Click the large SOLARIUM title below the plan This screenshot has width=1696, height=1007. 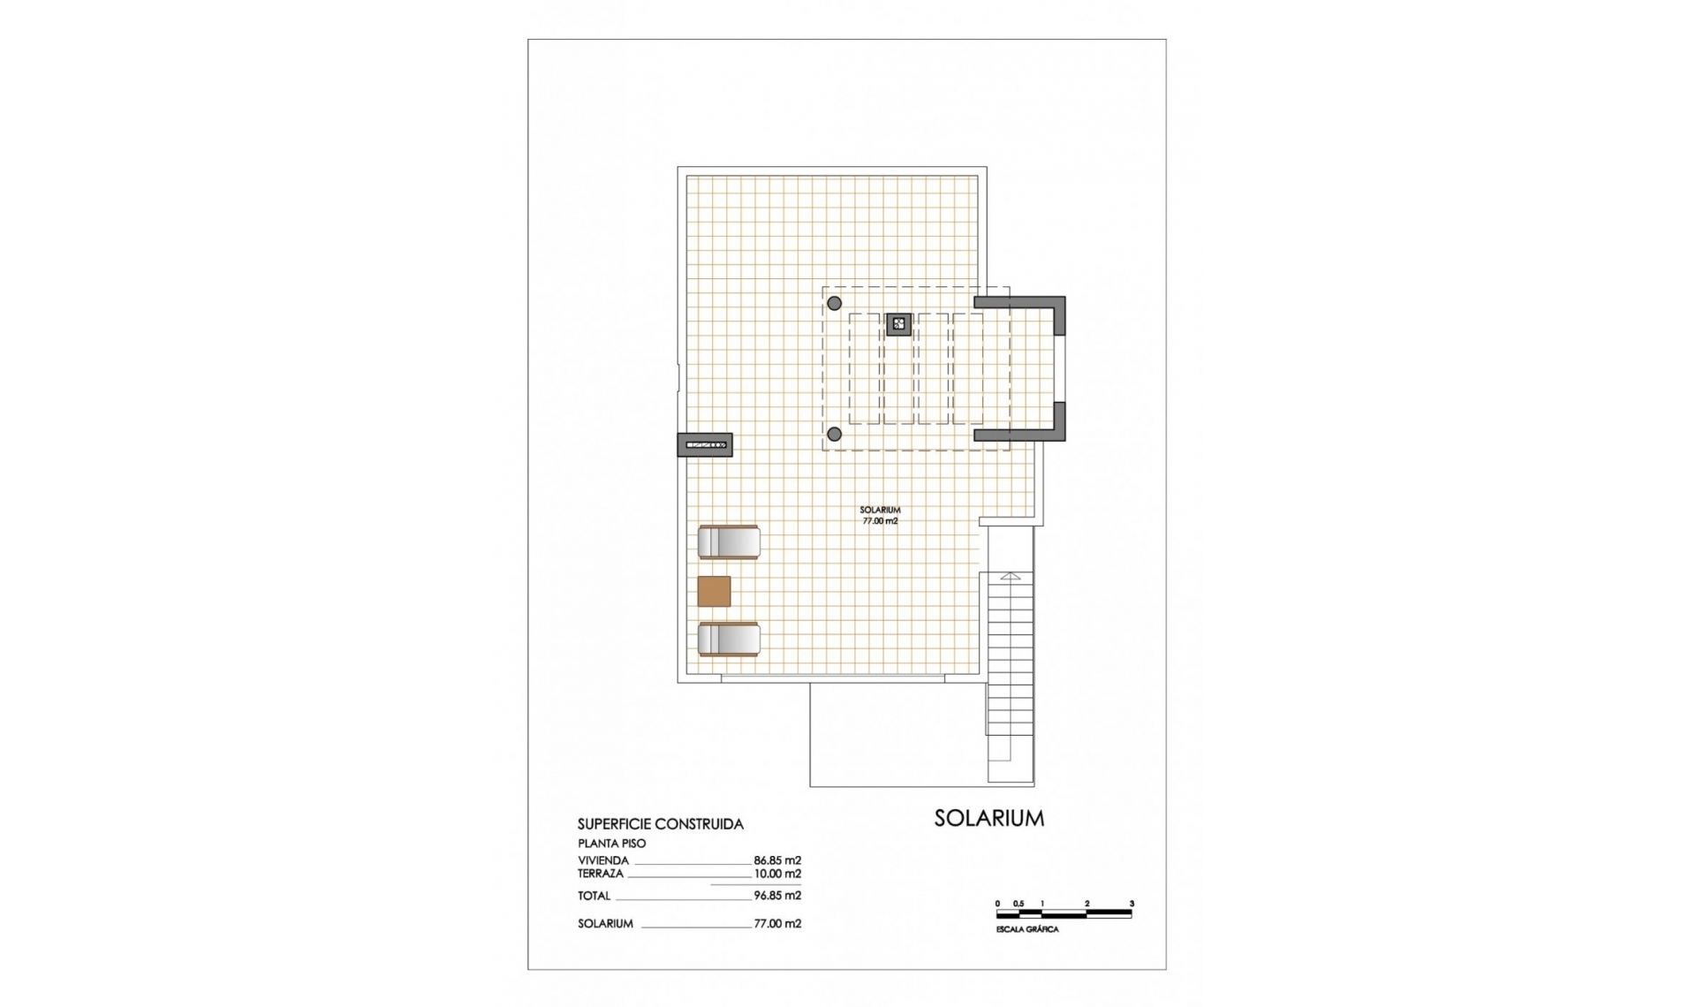988,818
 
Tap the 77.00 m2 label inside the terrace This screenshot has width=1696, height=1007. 880,521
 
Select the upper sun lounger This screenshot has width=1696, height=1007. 729,542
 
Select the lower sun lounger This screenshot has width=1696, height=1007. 729,640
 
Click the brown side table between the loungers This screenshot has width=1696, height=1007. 714,591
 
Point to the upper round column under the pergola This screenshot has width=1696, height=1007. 834,304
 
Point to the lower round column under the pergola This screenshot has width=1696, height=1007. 834,434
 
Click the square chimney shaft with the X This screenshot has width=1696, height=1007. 898,324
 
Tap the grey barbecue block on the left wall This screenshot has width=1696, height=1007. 705,444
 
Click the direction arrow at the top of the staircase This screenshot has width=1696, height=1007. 1011,576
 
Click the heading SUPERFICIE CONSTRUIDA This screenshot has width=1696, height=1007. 660,824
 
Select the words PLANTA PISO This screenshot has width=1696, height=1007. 611,844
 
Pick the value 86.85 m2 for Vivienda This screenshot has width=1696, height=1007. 777,860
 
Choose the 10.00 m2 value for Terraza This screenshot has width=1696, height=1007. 777,874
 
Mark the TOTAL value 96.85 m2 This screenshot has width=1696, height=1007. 777,896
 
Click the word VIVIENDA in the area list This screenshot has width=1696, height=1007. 603,860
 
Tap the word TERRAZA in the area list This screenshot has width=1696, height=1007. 601,874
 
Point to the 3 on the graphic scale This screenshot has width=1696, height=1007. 1132,904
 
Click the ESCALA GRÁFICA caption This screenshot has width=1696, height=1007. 1026,930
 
